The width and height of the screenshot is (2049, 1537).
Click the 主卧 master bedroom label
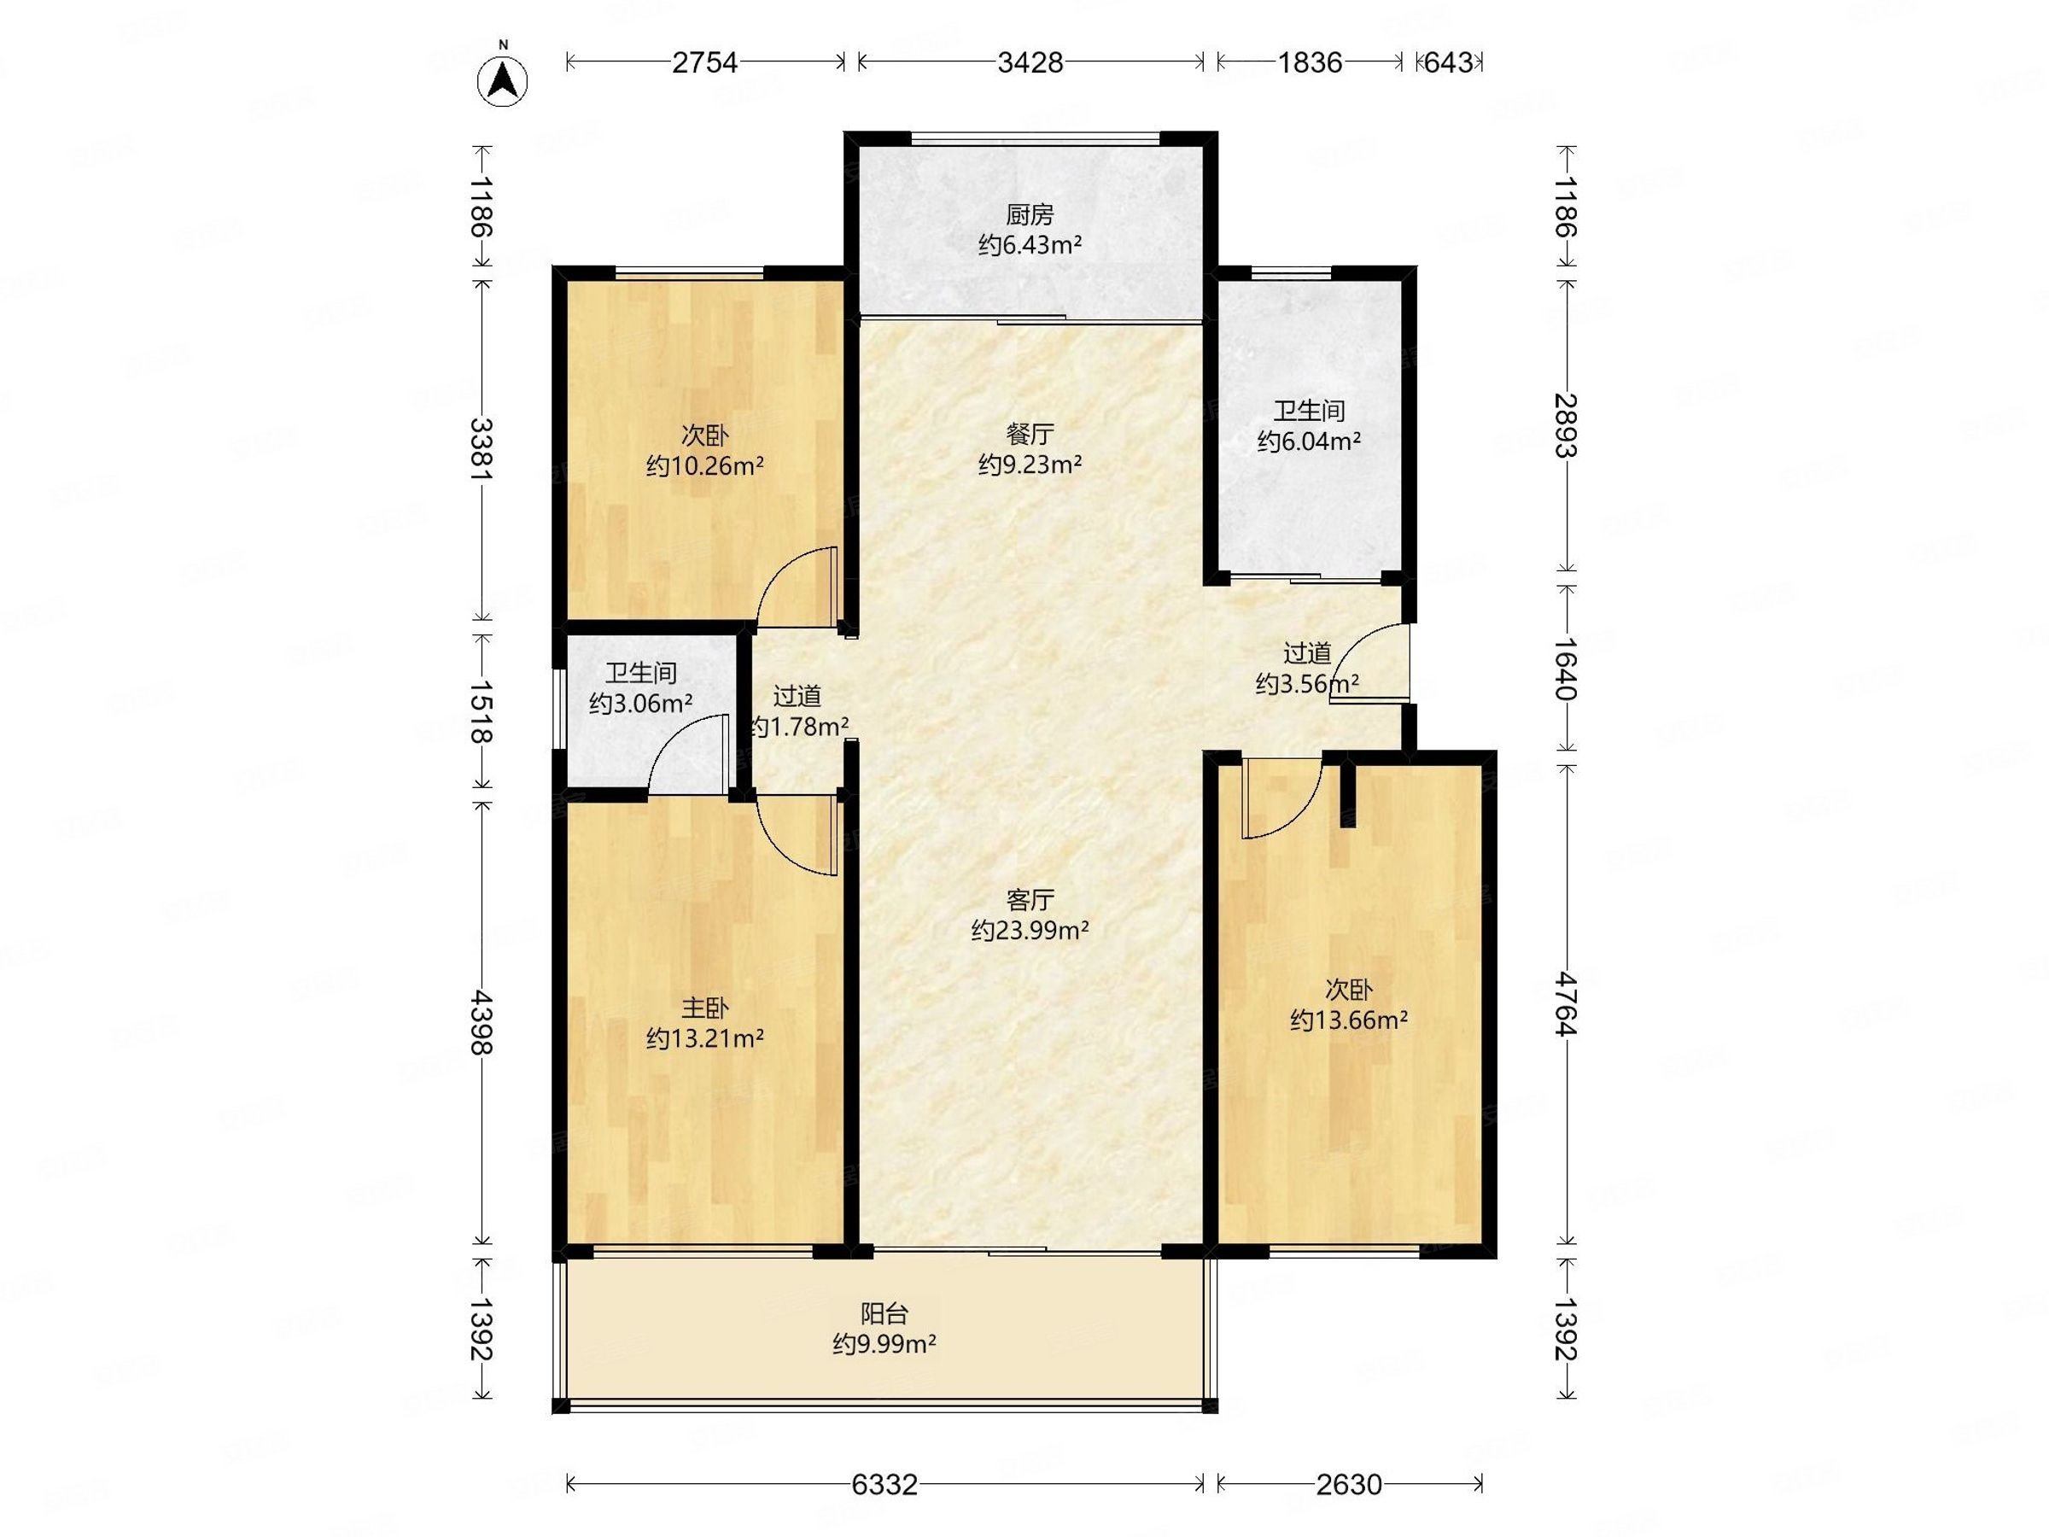tap(705, 1007)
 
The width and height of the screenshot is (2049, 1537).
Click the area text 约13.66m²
tap(1349, 1020)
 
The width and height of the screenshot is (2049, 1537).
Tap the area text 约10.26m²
tap(705, 465)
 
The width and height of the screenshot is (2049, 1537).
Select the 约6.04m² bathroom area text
tap(1308, 441)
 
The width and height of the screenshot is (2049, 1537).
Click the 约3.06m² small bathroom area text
tap(641, 704)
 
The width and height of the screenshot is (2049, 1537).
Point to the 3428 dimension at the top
tap(1030, 62)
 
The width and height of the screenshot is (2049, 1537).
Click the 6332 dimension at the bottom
tap(884, 1484)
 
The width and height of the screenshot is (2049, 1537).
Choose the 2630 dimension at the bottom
tap(1349, 1484)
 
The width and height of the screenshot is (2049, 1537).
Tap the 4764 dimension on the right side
tap(1566, 1003)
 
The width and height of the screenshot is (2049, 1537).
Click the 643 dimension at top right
tap(1448, 62)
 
